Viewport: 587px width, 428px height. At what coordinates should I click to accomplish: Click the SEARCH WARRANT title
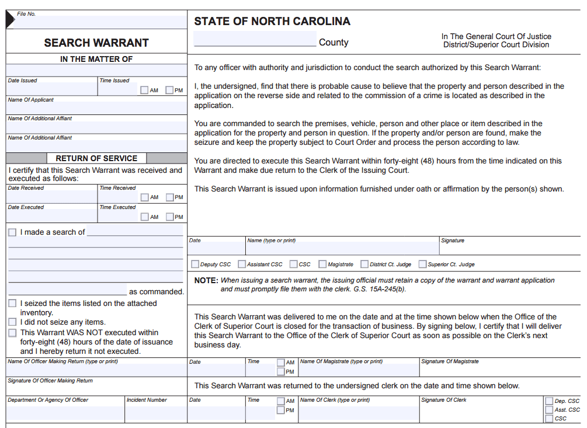tap(96, 43)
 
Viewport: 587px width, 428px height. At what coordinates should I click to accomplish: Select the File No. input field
tap(102, 22)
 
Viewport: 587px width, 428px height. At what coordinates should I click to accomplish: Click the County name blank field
tap(255, 40)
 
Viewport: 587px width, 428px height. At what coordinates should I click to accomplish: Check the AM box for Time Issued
tap(144, 91)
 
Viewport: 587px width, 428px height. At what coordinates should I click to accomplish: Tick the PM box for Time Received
tap(169, 197)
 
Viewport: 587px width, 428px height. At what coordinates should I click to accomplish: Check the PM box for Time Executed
tap(169, 217)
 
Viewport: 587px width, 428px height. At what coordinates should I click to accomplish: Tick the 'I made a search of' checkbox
tap(12, 232)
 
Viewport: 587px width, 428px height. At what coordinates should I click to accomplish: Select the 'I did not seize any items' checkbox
tap(12, 322)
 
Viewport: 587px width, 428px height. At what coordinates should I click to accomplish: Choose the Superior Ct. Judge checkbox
tap(422, 265)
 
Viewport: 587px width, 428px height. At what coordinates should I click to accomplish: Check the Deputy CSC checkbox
tap(195, 265)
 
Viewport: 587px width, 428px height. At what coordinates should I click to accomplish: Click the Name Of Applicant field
tap(96, 108)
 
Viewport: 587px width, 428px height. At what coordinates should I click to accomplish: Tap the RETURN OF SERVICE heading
tap(96, 158)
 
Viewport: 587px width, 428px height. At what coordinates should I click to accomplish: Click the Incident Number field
tap(155, 413)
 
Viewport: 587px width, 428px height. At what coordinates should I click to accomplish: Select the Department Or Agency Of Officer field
tap(65, 413)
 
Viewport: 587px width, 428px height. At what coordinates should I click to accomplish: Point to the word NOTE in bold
tap(206, 281)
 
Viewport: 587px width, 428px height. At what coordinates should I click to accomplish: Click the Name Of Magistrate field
tap(359, 371)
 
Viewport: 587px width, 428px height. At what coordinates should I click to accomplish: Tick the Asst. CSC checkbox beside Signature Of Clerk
tap(549, 410)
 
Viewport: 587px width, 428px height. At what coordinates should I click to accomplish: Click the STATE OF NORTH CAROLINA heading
tap(272, 22)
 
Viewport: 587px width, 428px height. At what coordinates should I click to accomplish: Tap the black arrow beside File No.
tap(11, 20)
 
